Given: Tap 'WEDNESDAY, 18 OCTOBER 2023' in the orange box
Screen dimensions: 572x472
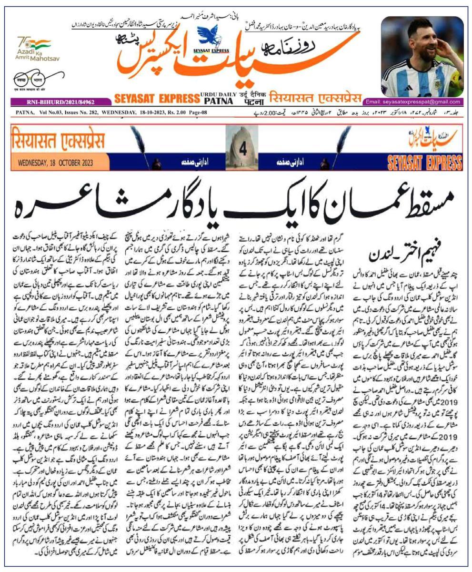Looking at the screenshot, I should pyautogui.click(x=54, y=162).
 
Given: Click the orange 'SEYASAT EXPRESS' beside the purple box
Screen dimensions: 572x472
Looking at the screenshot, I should pyautogui.click(x=156, y=99).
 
